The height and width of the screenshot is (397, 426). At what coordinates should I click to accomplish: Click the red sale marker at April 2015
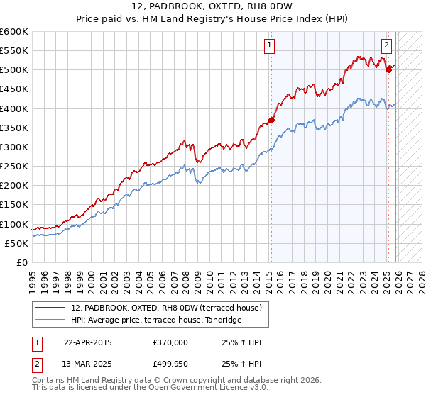tap(271, 120)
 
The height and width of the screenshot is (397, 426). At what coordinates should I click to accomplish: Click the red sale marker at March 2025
tap(388, 69)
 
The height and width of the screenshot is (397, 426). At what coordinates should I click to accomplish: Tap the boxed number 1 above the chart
tap(271, 46)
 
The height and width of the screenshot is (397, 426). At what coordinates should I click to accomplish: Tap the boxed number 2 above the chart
tap(387, 46)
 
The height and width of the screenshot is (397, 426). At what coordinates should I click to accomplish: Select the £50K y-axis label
tap(16, 243)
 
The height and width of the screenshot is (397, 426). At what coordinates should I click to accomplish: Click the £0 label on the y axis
tap(21, 262)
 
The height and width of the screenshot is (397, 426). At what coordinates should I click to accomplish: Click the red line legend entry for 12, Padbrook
tap(167, 308)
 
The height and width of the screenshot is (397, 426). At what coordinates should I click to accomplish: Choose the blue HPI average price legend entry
tap(156, 320)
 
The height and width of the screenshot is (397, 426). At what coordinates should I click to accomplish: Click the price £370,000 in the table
tap(170, 342)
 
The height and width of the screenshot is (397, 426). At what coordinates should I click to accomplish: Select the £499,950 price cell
tap(170, 363)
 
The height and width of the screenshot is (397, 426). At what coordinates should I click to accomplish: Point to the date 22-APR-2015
tap(87, 342)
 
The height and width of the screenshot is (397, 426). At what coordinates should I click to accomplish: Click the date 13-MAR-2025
tap(88, 363)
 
